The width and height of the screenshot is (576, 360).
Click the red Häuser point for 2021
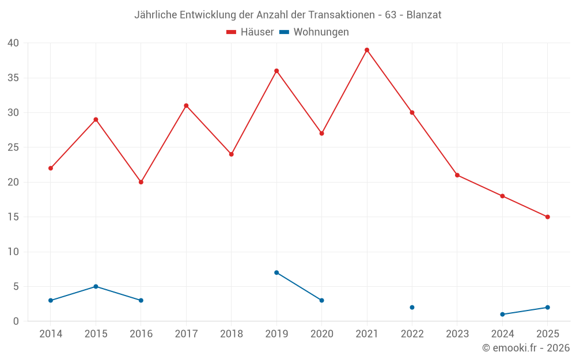coord(367,50)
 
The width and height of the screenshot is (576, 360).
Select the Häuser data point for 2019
coord(276,71)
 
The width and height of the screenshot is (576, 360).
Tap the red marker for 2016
coord(141,182)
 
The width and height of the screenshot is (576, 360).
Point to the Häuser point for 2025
coord(548,217)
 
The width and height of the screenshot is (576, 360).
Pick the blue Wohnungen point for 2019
coord(276,272)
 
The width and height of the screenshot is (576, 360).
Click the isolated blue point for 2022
coord(412,308)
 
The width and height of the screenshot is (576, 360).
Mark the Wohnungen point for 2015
coord(96,286)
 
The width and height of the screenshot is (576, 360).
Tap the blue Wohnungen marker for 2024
coord(502,314)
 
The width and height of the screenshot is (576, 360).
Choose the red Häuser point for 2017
coord(186,105)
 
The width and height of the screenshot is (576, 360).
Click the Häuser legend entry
coord(250,32)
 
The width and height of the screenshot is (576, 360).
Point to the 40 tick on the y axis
coord(13,43)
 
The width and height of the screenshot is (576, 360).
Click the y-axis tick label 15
coord(13,217)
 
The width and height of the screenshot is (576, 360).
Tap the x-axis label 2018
coord(231,334)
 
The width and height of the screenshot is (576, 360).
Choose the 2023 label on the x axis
coord(457,334)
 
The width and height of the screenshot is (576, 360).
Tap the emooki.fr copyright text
coord(526,348)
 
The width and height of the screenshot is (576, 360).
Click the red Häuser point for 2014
coord(51,168)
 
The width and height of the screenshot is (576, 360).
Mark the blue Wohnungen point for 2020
coord(321,301)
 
